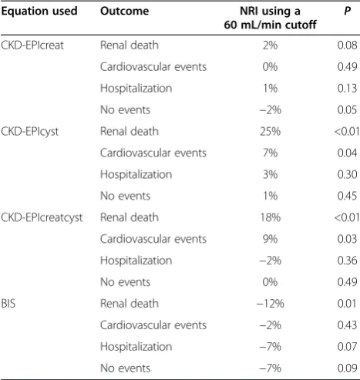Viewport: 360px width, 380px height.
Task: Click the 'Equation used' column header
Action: point(39,11)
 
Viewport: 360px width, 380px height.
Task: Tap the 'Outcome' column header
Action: point(125,11)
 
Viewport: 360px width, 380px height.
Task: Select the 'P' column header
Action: point(348,11)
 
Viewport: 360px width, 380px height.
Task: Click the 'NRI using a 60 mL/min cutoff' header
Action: point(270,18)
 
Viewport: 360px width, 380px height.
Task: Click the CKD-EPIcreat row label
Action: point(32,45)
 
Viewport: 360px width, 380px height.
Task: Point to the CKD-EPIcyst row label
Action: point(30,132)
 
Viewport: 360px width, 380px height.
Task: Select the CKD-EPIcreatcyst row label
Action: point(42,217)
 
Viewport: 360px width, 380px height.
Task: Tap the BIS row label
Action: point(8,304)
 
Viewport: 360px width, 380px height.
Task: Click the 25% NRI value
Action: point(271,131)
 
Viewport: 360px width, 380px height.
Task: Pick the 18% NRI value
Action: point(271,217)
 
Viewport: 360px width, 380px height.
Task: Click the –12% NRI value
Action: point(271,304)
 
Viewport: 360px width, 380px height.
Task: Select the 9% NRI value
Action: point(271,239)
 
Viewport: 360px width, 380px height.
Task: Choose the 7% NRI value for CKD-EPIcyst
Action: point(271,153)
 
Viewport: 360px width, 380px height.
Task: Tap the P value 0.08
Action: point(348,45)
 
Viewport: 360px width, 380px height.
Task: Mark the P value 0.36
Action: point(348,261)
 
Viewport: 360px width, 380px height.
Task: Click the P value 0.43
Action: point(348,325)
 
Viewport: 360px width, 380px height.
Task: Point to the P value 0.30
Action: point(348,174)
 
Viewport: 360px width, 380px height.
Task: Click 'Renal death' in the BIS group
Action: point(130,304)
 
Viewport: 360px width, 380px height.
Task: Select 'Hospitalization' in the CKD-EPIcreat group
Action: point(136,89)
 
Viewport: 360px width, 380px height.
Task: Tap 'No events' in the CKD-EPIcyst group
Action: point(126,196)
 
